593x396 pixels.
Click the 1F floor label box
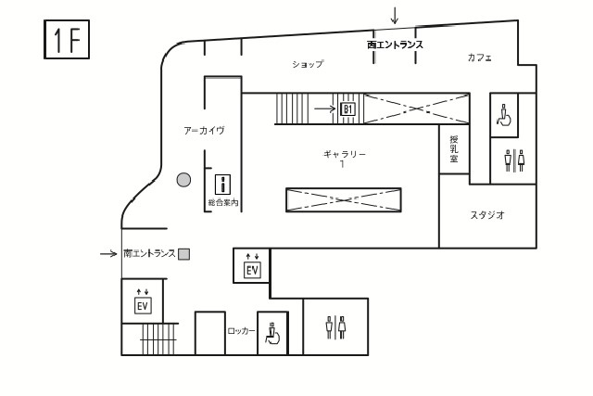point(67,39)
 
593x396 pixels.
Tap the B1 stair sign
point(347,109)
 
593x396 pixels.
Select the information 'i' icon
point(222,185)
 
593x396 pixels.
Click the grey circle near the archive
point(183,180)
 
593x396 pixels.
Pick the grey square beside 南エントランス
point(183,254)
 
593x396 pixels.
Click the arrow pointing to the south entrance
point(108,254)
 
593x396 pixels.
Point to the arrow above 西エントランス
point(395,16)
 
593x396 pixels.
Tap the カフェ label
point(480,57)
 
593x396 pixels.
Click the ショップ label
point(308,64)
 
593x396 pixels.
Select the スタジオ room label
point(487,215)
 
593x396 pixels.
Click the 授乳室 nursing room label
point(454,148)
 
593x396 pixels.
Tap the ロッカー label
point(241,331)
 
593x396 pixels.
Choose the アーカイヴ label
point(204,131)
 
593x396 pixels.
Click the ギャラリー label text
point(345,154)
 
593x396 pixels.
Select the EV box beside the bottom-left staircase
point(143,305)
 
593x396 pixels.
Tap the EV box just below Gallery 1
point(252,270)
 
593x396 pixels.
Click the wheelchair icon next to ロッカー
point(272,333)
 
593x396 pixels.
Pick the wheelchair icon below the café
point(504,115)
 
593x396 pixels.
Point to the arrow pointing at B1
point(325,109)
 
